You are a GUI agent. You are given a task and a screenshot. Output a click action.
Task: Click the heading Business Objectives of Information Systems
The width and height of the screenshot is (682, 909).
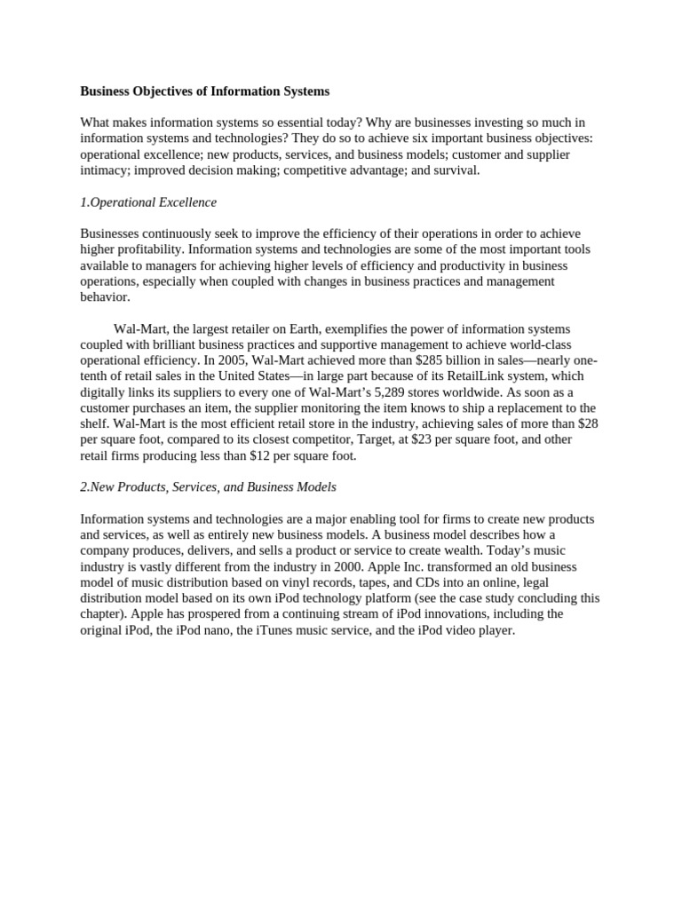(204, 91)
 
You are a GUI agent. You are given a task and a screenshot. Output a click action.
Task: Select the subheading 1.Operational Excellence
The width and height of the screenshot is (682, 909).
(148, 202)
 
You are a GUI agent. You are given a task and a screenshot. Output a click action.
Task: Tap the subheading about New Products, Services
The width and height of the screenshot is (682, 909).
(208, 487)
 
